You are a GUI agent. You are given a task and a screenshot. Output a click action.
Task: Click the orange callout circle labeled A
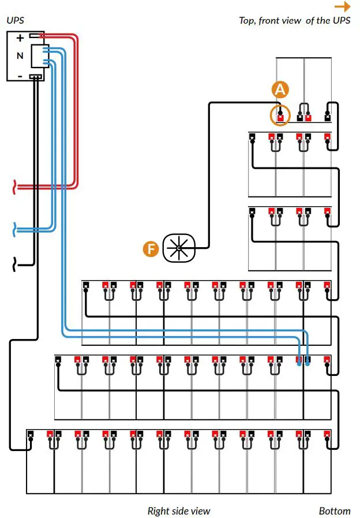[x=280, y=90]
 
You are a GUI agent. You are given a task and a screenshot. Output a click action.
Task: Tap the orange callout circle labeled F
[x=151, y=248]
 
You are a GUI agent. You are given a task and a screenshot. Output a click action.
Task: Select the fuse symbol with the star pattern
[x=179, y=248]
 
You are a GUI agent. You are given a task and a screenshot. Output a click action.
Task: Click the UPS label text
[x=15, y=20]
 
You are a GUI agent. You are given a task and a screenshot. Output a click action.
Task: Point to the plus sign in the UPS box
[x=20, y=38]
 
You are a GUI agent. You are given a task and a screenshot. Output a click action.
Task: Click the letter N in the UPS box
[x=20, y=55]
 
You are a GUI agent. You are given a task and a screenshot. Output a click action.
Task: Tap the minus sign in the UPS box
[x=20, y=77]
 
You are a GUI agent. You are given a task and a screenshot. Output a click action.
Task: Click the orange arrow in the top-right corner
[x=342, y=6]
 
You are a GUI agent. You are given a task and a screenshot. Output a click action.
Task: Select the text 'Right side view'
[x=178, y=510]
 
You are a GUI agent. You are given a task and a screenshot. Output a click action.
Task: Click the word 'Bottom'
[x=335, y=510]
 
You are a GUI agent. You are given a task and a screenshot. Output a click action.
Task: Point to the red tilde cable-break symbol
[x=14, y=187]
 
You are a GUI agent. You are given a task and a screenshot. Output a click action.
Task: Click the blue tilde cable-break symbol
[x=14, y=229]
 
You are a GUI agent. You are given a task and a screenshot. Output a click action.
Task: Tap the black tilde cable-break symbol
[x=14, y=264]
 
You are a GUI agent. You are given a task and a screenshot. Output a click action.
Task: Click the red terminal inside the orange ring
[x=280, y=118]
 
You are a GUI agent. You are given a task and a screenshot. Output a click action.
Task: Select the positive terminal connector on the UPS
[x=36, y=35]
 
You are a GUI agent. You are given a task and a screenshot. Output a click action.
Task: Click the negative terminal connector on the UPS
[x=36, y=77]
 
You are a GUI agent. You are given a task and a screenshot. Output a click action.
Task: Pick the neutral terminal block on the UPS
[x=40, y=56]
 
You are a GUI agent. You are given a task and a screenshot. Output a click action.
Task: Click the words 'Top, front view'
[x=270, y=21]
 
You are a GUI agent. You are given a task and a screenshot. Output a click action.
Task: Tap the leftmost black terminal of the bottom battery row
[x=31, y=434]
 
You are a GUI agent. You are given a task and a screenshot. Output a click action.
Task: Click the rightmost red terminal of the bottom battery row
[x=327, y=434]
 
